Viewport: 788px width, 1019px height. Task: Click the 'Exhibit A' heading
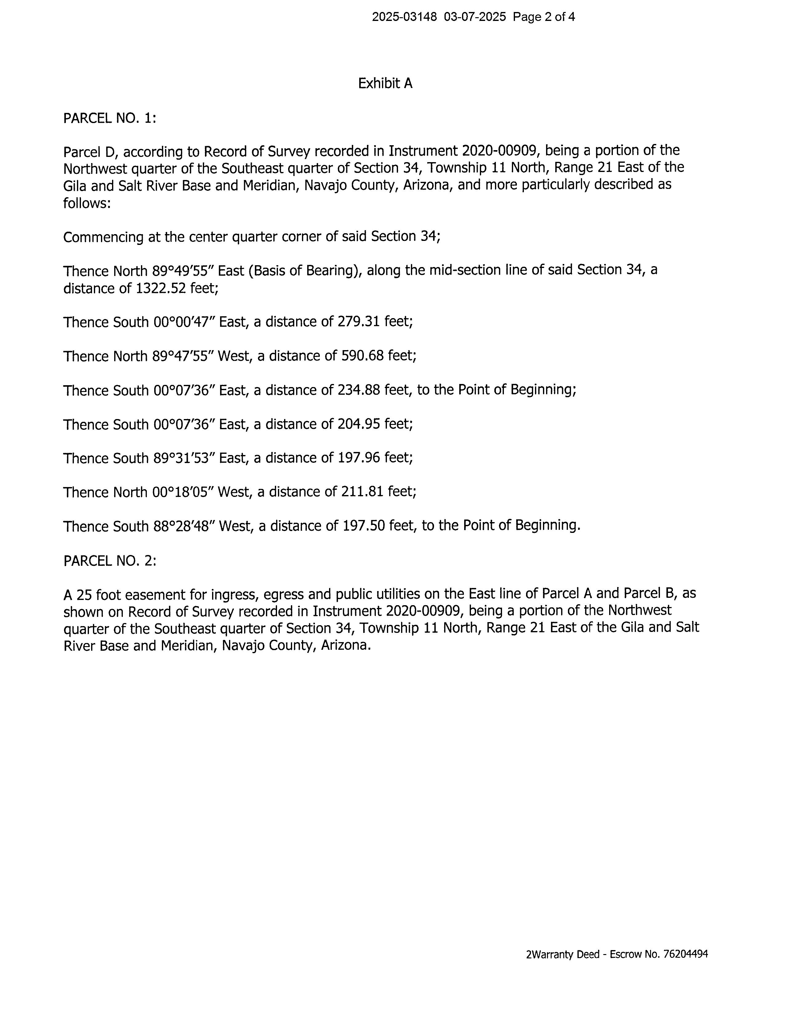(x=385, y=83)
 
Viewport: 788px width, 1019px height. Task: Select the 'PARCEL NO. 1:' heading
(x=110, y=118)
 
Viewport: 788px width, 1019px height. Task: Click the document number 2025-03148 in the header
(x=404, y=17)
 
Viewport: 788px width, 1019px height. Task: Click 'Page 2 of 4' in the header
(x=544, y=17)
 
